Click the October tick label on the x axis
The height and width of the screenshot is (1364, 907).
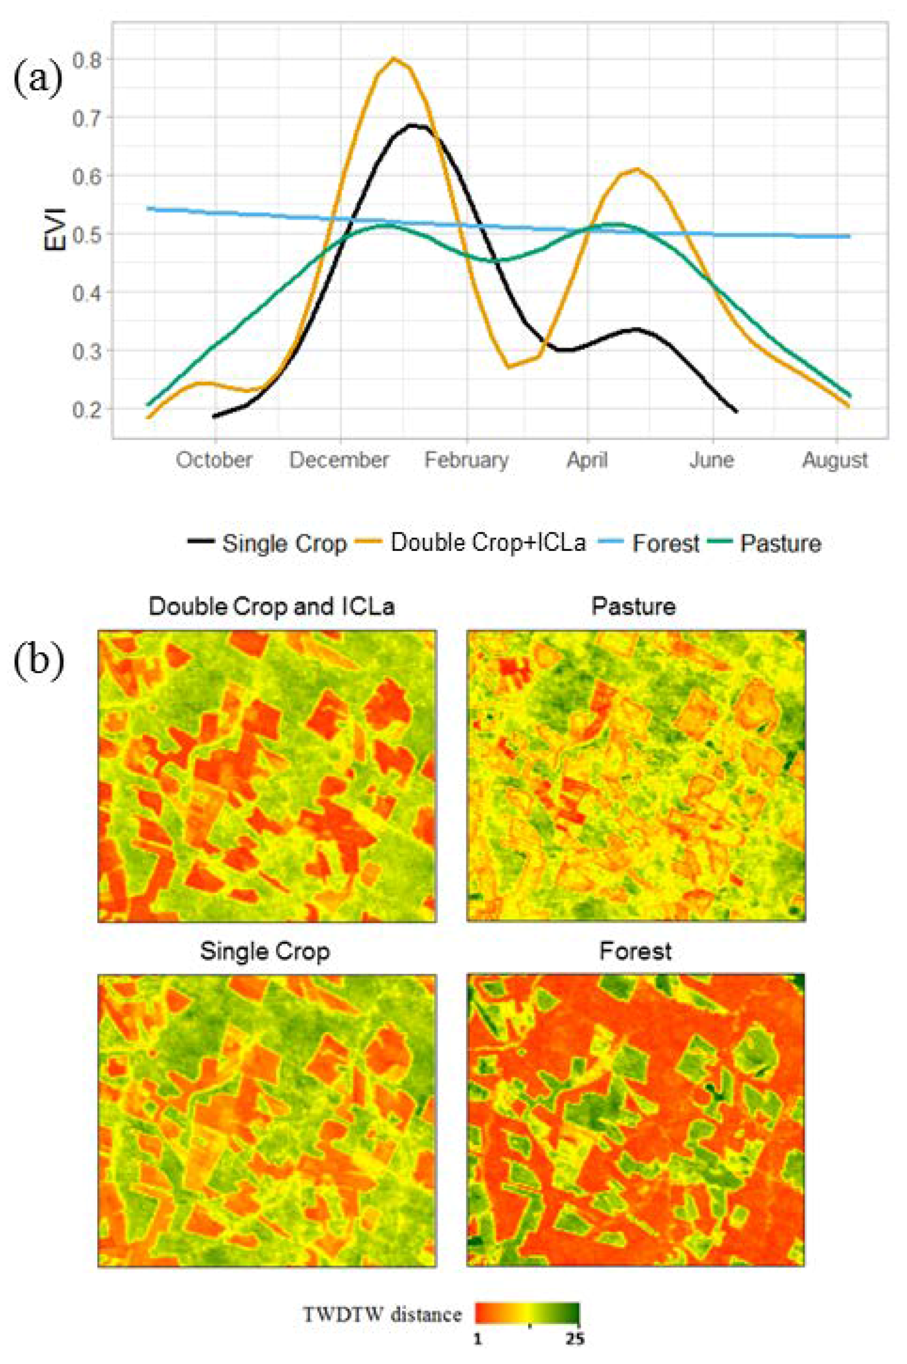point(214,460)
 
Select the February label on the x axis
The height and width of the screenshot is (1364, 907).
point(467,460)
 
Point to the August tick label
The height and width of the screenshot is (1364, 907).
point(835,460)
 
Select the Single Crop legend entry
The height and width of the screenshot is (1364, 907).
point(268,543)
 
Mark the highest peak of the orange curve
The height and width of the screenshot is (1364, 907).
point(393,58)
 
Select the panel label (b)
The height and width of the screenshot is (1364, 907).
point(38,663)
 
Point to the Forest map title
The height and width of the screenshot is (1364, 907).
point(635,951)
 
